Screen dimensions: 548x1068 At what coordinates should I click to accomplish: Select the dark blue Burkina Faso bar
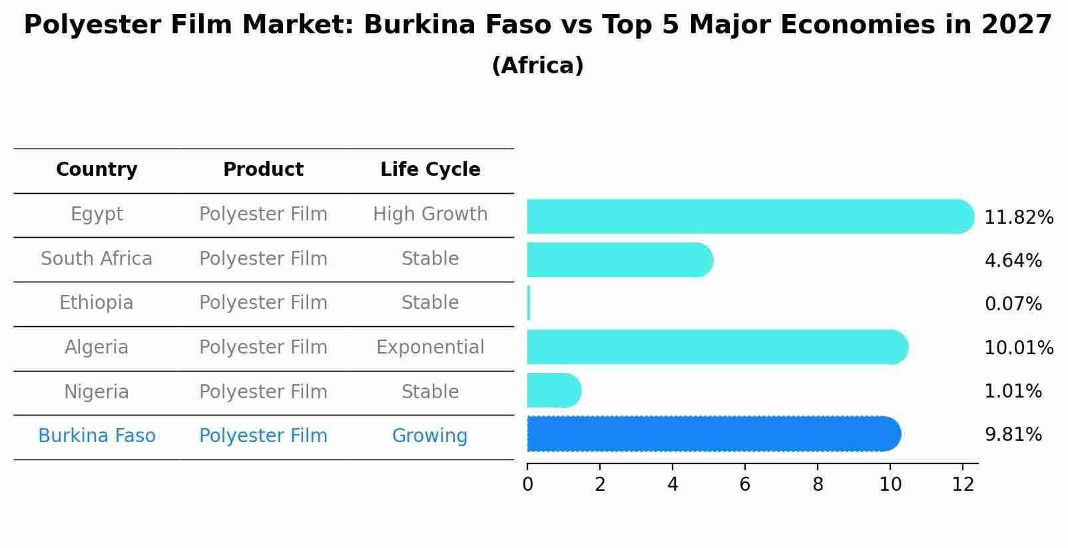[x=712, y=434]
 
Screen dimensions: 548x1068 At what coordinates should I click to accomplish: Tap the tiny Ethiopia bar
[x=529, y=304]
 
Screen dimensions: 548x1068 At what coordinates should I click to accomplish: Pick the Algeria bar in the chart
[x=716, y=347]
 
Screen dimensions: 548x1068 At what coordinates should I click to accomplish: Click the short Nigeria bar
[x=553, y=390]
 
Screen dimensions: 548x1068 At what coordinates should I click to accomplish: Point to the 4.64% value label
[x=1013, y=260]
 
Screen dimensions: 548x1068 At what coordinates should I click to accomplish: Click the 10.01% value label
[x=1018, y=348]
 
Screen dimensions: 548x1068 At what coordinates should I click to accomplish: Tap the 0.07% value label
[x=1013, y=304]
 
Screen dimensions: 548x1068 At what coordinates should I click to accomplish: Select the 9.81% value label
[x=1013, y=435]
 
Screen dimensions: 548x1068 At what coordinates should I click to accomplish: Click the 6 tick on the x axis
[x=745, y=485]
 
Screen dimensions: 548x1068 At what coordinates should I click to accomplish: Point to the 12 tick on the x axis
[x=963, y=485]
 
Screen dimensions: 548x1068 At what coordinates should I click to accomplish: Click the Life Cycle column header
[x=430, y=170]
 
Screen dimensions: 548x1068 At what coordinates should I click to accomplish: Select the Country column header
[x=97, y=170]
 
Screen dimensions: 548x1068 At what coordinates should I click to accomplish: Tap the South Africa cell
[x=97, y=258]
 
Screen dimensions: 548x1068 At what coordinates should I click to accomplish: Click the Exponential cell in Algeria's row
[x=430, y=348]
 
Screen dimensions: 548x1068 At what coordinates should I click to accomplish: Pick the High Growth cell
[x=430, y=214]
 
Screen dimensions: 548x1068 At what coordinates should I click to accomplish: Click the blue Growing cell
[x=429, y=436]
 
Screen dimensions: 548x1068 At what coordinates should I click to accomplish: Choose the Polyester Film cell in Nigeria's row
[x=263, y=392]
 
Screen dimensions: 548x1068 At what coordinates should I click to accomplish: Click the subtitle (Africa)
[x=537, y=66]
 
